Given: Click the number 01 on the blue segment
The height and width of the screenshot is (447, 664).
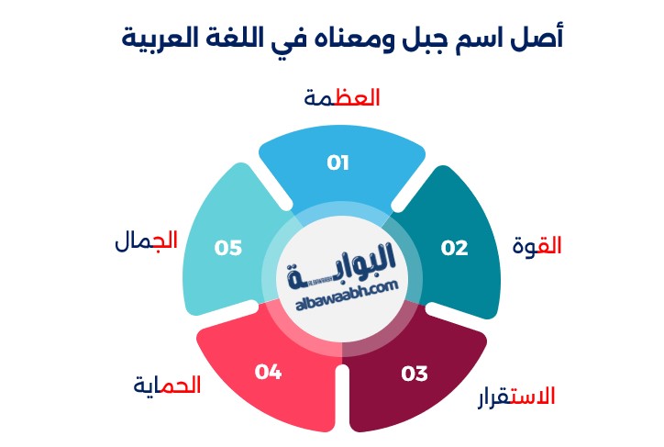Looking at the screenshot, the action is click(338, 163).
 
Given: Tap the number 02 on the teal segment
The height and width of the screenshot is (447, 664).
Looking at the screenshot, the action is click(454, 249).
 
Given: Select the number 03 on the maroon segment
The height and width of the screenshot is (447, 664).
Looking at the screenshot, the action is click(415, 374).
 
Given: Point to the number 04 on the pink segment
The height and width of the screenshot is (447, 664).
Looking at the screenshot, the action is click(268, 372).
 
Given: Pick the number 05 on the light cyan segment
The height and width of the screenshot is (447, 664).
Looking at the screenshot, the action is click(227, 249).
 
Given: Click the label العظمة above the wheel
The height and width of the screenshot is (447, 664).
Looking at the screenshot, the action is click(342, 98).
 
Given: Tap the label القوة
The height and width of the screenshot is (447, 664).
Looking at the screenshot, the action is click(537, 246).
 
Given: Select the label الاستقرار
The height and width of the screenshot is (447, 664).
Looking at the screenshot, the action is click(516, 397).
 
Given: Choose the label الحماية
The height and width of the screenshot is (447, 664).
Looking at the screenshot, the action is click(167, 386).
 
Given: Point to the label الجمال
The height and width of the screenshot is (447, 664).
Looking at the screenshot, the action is click(146, 241).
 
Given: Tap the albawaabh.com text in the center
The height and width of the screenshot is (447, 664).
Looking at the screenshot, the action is click(348, 296).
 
